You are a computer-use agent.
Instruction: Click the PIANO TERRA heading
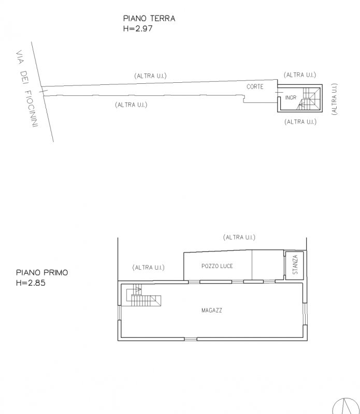(x=149, y=19)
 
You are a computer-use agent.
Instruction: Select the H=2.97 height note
(x=138, y=28)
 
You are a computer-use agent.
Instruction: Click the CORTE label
(x=255, y=86)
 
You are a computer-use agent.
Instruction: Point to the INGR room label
(x=291, y=98)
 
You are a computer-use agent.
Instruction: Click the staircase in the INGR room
(x=309, y=98)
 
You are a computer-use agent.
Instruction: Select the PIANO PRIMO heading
(x=42, y=273)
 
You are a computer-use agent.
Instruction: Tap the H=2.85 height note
(x=31, y=283)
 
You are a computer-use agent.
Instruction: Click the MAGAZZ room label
(x=212, y=310)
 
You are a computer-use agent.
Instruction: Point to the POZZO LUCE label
(x=217, y=266)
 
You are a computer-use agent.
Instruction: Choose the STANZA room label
(x=295, y=264)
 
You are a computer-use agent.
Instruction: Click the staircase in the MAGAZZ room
(x=143, y=295)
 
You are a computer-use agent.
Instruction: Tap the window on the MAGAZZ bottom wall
(x=191, y=339)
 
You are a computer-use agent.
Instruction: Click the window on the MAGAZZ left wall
(x=120, y=313)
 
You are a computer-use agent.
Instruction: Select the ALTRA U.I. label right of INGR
(x=335, y=99)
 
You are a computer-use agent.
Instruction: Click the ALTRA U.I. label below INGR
(x=300, y=122)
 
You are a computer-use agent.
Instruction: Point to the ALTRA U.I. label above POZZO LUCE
(x=239, y=238)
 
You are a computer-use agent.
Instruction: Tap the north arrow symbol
(x=345, y=406)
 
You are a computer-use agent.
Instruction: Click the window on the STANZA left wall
(x=285, y=265)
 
